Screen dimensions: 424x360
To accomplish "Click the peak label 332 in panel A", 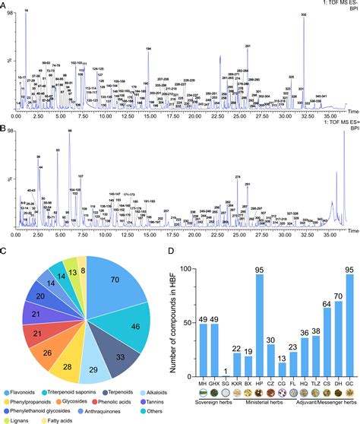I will coord(304,14).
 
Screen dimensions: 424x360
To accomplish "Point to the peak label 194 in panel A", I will coord(148,49).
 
